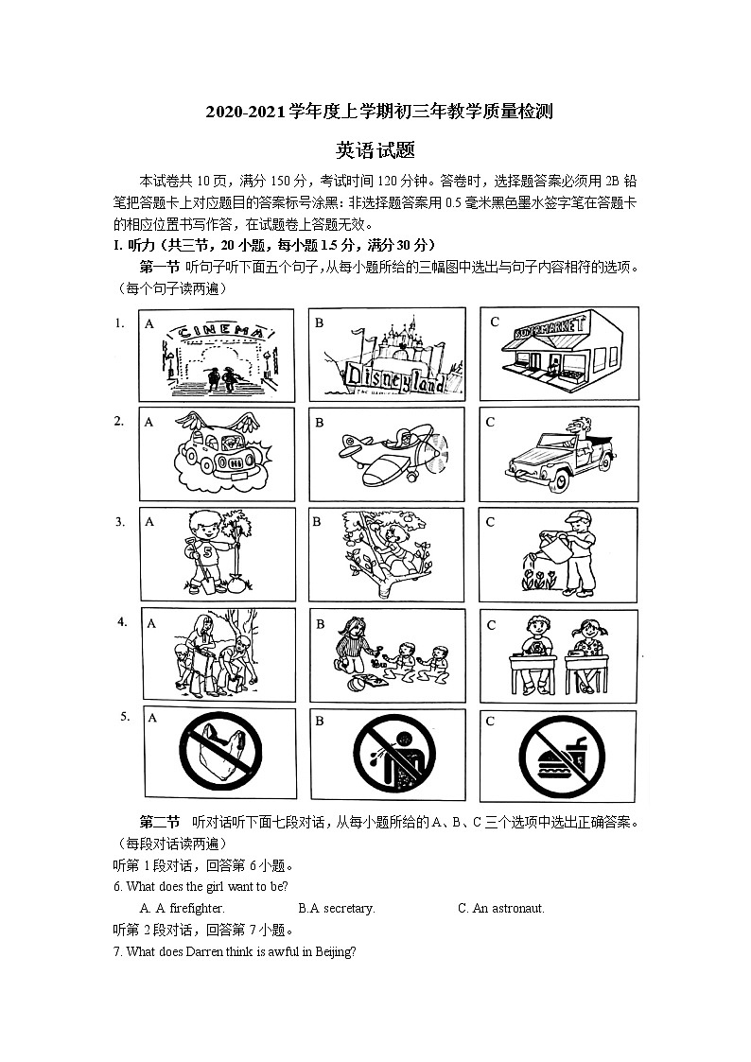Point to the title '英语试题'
(375, 149)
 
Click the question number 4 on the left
(122, 622)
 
